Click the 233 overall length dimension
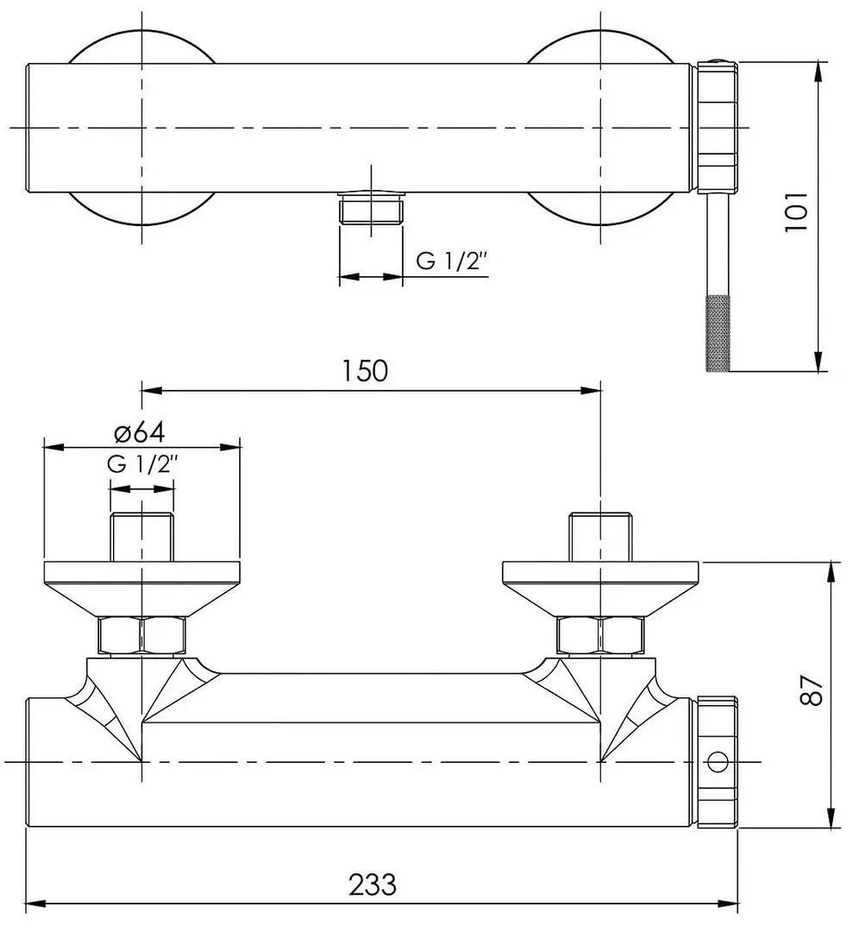pyautogui.click(x=373, y=885)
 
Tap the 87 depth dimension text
pyautogui.click(x=812, y=691)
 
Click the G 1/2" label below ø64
pyautogui.click(x=142, y=463)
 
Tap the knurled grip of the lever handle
pyautogui.click(x=718, y=333)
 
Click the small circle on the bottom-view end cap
pyautogui.click(x=715, y=762)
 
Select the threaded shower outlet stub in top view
pyautogui.click(x=372, y=210)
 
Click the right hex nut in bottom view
pyautogui.click(x=599, y=636)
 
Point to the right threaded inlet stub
pyautogui.click(x=600, y=536)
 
